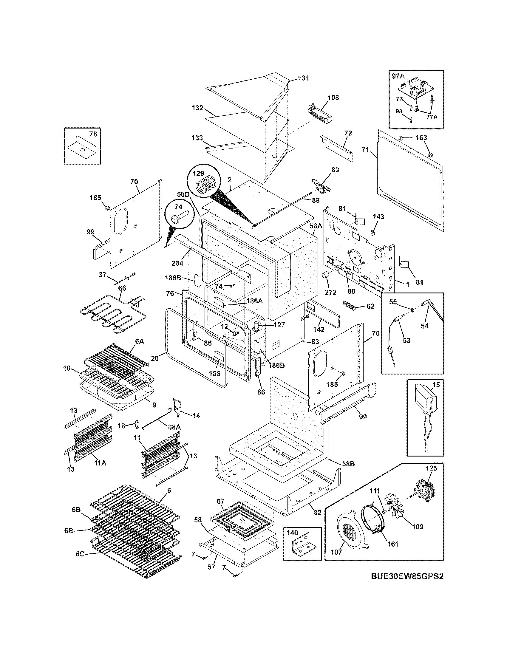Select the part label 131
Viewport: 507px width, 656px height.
[x=303, y=78]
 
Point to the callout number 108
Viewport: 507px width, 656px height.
[x=333, y=98]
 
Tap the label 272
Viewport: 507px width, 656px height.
[x=330, y=292]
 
